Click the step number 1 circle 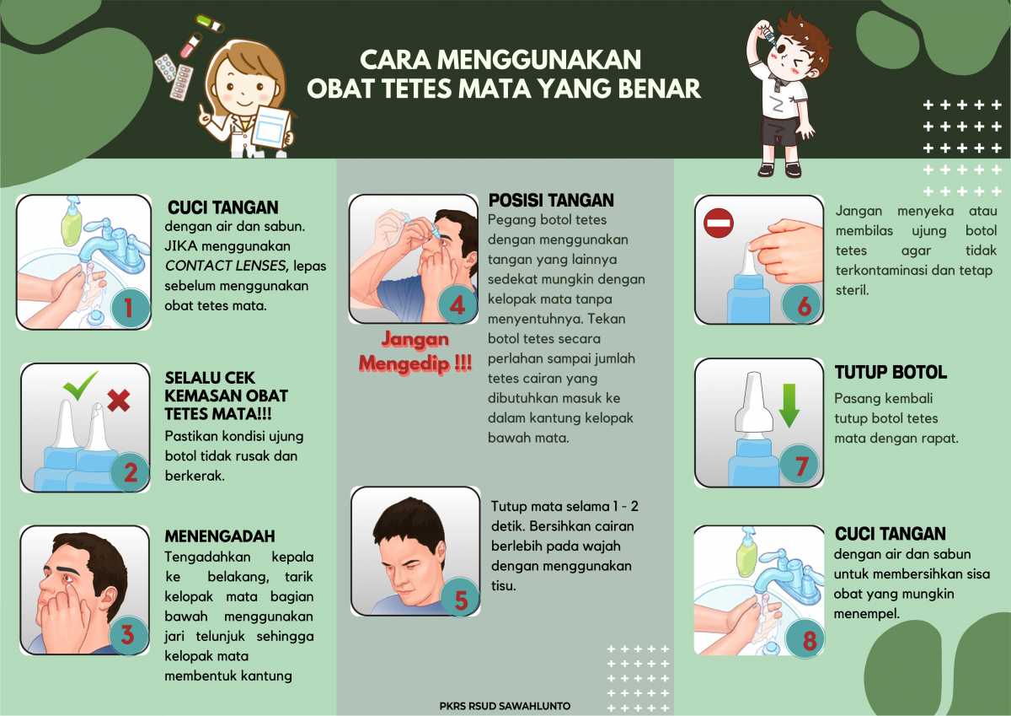coord(128,308)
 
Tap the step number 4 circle coord(457,305)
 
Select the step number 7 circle coord(801,465)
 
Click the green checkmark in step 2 coord(80,386)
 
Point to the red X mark coord(119,401)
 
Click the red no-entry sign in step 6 coord(719,223)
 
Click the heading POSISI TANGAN coord(551,201)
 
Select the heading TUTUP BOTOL coord(891,373)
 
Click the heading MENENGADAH coord(220,536)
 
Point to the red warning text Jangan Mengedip coord(415,352)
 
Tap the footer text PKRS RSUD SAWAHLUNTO coord(505,706)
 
